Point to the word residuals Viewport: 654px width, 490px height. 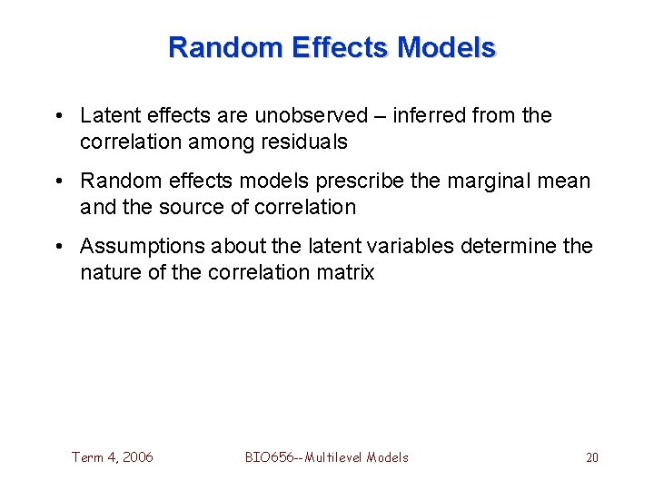[x=303, y=142]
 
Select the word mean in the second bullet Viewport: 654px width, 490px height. [x=566, y=181]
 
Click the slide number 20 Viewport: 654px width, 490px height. [x=591, y=457]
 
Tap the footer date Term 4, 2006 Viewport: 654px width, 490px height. [x=113, y=457]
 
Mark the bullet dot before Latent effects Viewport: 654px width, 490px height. [x=57, y=116]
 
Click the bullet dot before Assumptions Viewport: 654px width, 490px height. [x=57, y=246]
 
